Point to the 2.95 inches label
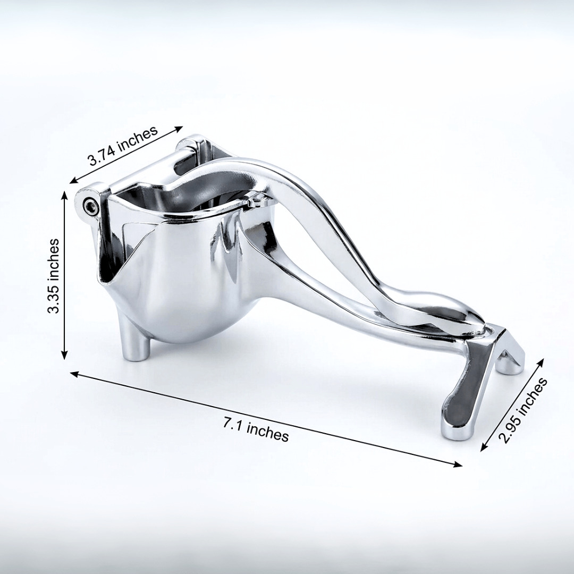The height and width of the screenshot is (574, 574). tap(524, 410)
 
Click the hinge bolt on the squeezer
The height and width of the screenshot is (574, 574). tap(90, 205)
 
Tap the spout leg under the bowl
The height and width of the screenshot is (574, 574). tap(136, 341)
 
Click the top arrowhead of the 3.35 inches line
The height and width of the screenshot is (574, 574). tap(65, 195)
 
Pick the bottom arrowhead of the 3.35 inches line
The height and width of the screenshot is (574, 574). tap(64, 355)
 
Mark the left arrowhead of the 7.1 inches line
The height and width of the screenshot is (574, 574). tap(73, 374)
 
